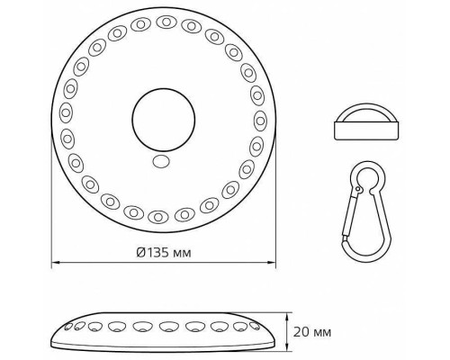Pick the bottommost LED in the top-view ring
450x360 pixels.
(x=158, y=217)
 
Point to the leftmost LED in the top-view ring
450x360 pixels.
(x=65, y=113)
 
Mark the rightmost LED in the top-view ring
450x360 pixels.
(x=262, y=120)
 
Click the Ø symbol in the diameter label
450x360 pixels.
(x=141, y=252)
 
